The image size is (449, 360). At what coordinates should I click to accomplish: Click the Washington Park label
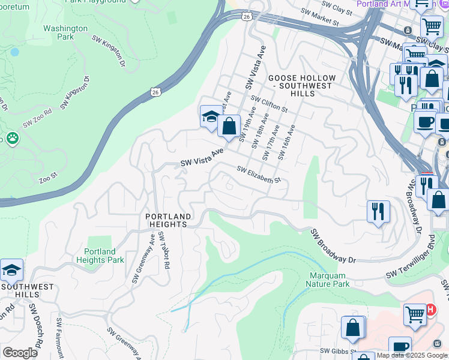coord(65,32)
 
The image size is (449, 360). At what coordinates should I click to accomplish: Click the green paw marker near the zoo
coord(12,139)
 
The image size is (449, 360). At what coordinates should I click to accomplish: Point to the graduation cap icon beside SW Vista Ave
coord(211,116)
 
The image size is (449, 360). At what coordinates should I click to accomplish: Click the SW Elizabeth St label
coord(259,175)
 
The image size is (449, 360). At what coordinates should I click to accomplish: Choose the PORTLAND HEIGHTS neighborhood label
coord(169,220)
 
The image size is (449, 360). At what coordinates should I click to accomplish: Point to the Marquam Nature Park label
coord(328,280)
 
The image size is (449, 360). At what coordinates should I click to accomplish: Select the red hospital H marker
coord(430,309)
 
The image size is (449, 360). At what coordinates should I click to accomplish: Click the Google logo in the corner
coord(20,352)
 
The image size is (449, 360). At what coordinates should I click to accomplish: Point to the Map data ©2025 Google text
coord(412,355)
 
